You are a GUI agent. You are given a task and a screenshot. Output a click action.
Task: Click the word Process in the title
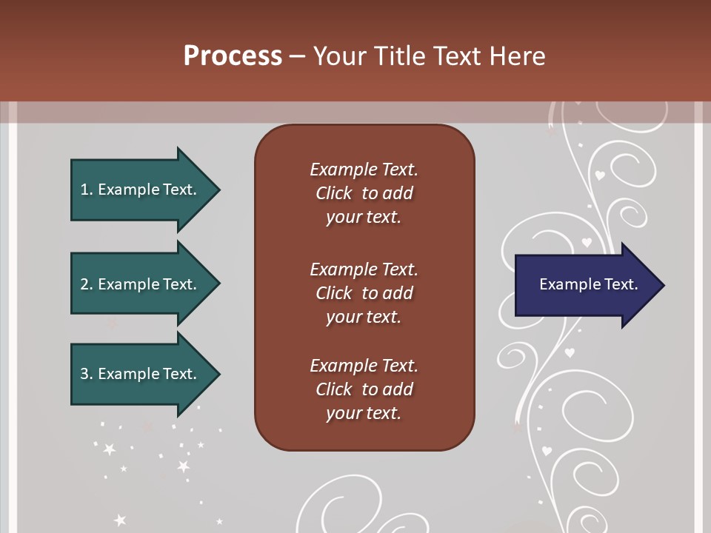[233, 56]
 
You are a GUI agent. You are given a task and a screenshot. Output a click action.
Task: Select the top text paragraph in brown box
[364, 193]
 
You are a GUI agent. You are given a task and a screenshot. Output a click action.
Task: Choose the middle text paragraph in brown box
[364, 292]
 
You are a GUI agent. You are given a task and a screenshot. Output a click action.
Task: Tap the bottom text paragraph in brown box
[364, 389]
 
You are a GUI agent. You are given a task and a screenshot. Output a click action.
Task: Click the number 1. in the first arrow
[86, 190]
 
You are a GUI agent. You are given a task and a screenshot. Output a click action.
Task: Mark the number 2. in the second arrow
[86, 284]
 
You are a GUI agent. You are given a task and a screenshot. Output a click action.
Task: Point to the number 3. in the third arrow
[86, 374]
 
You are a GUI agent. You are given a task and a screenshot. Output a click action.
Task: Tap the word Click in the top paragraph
[334, 193]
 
